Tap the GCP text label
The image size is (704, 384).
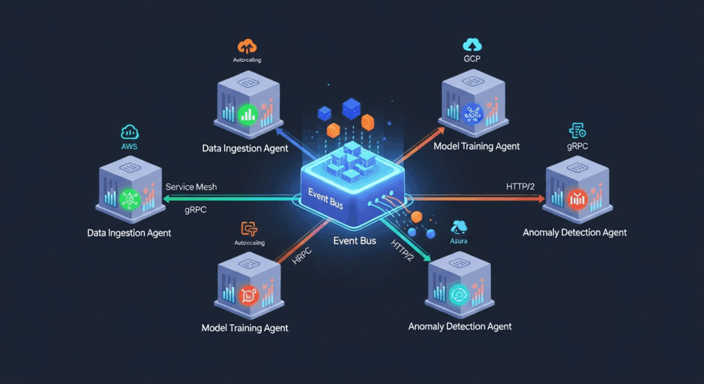[474, 60]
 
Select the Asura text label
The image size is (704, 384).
[459, 240]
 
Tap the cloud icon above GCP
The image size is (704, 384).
[474, 45]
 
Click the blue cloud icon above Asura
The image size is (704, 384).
[459, 226]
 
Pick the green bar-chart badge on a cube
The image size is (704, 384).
[247, 113]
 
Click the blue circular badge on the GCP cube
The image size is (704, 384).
[474, 113]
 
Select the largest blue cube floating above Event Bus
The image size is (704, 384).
[351, 106]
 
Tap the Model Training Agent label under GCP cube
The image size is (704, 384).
[476, 146]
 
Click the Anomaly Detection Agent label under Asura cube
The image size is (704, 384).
[460, 326]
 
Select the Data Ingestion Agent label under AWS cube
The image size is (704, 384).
[129, 233]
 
